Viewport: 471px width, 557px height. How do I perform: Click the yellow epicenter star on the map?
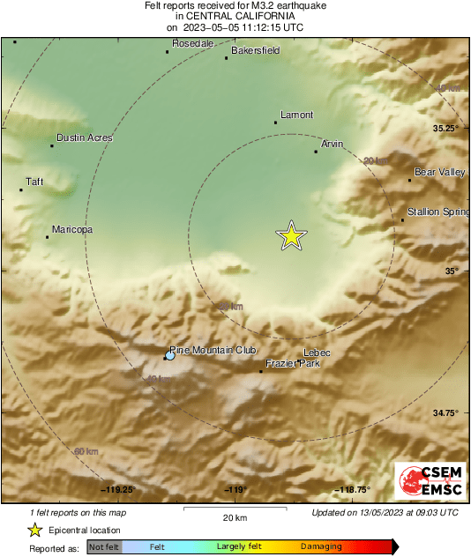coord(291,236)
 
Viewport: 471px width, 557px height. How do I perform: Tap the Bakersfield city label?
coord(255,51)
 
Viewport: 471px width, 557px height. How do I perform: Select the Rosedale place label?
coord(193,43)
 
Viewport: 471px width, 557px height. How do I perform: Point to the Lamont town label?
coord(296,115)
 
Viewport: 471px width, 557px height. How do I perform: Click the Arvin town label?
coord(332,143)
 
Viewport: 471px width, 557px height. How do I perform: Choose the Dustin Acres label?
coord(85,137)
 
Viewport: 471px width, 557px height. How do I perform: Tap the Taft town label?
coord(34,182)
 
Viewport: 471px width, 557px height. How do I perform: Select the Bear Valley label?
coord(439,172)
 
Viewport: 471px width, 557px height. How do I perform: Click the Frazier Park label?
coord(287,363)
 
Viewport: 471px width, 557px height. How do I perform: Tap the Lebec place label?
coord(317,353)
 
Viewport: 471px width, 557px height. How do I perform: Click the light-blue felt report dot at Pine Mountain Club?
coord(170,355)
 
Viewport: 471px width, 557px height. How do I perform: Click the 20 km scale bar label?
coord(235,517)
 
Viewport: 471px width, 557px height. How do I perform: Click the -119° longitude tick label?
coord(235,490)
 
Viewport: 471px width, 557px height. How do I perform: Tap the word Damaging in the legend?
coord(322,547)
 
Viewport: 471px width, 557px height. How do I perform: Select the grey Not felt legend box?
coord(104,547)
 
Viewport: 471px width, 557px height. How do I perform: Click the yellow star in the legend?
coord(34,530)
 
